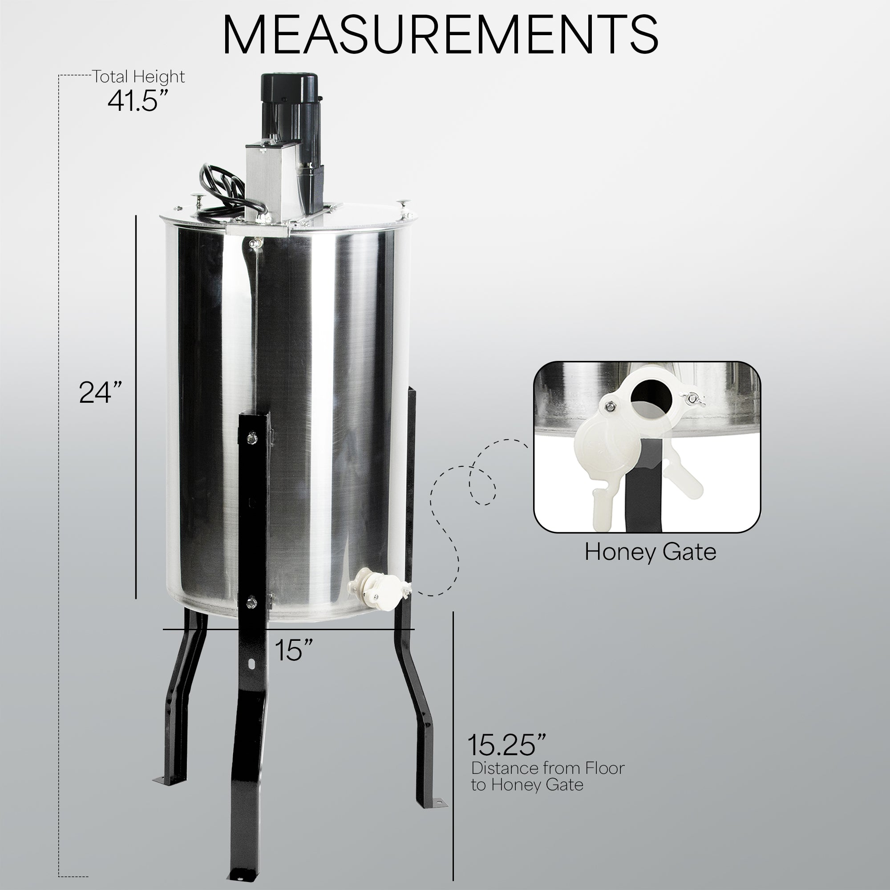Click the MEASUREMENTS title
click(x=440, y=35)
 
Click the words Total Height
click(x=139, y=77)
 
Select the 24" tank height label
click(x=100, y=392)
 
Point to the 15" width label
click(x=294, y=650)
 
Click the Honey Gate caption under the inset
click(x=650, y=552)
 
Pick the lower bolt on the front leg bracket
click(x=251, y=601)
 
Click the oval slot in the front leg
click(x=252, y=664)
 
